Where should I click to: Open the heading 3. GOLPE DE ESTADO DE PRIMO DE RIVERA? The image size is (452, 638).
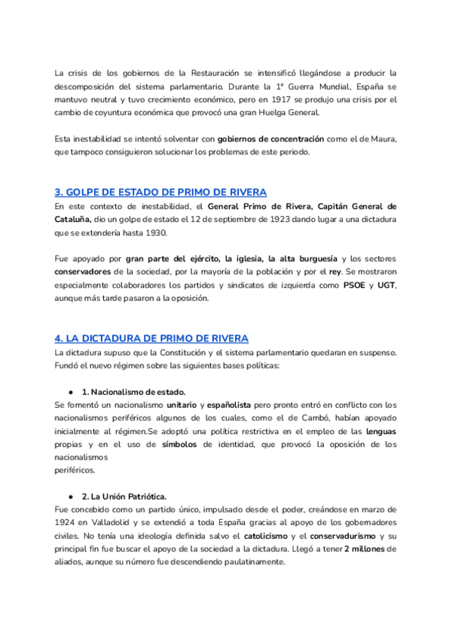tap(160, 191)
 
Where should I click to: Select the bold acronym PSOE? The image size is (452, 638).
tap(353, 286)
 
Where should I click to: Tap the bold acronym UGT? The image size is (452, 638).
tap(386, 286)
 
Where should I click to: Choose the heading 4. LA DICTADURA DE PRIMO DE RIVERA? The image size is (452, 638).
tap(151, 338)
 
